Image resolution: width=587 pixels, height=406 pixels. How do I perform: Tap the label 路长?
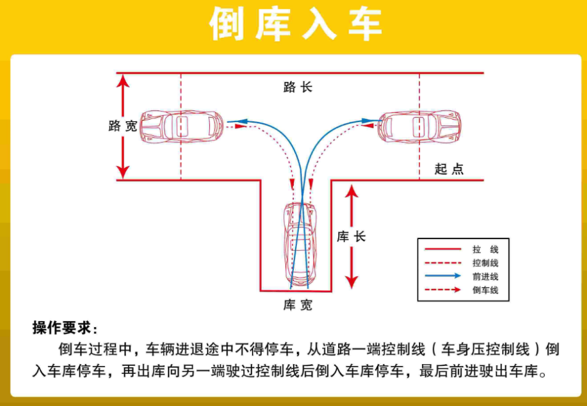[x=298, y=87]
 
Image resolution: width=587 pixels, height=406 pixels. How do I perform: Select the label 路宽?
[x=123, y=126]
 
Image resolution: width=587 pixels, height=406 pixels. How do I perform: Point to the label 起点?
[x=449, y=169]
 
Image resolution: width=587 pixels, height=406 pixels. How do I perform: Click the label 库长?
[x=352, y=237]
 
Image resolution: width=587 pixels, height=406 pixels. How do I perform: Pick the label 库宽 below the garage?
[x=298, y=305]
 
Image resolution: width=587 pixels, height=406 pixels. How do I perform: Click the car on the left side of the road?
[x=181, y=126]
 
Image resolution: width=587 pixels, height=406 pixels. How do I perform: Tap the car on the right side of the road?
[x=420, y=126]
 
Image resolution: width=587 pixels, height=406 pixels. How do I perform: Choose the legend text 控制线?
[x=485, y=263]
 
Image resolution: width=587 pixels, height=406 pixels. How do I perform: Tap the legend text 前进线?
[x=485, y=277]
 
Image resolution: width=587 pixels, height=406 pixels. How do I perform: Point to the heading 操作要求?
[x=65, y=327]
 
